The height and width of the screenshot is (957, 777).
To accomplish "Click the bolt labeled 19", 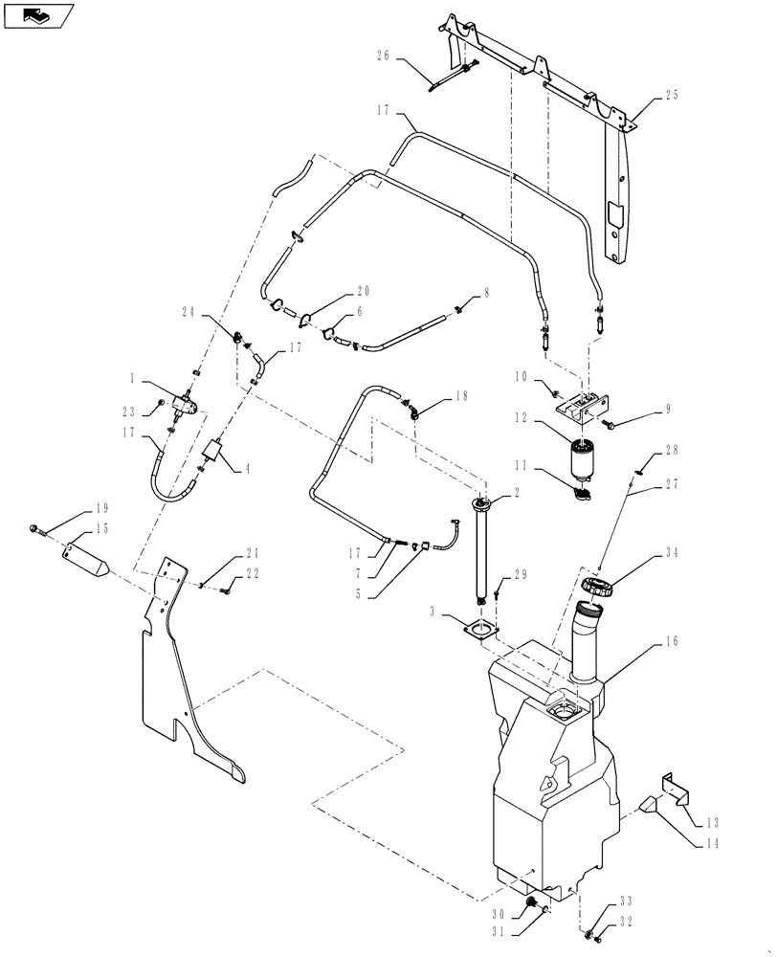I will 36,528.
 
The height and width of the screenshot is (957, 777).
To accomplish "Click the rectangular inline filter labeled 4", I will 219,451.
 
